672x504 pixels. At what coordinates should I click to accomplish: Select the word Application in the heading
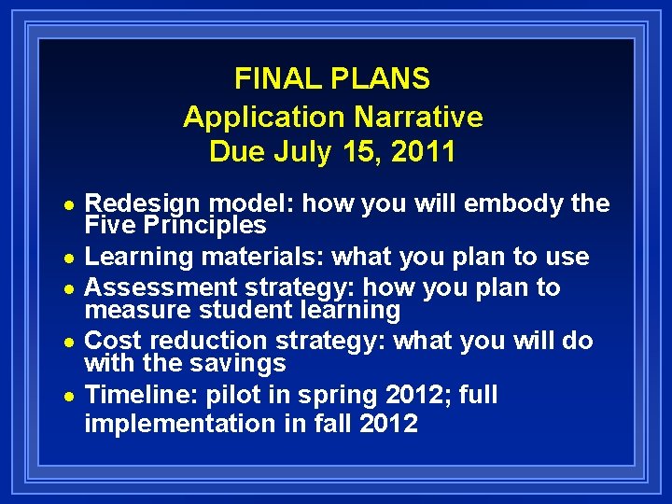(x=264, y=117)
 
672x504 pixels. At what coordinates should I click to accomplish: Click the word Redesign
(x=144, y=204)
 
